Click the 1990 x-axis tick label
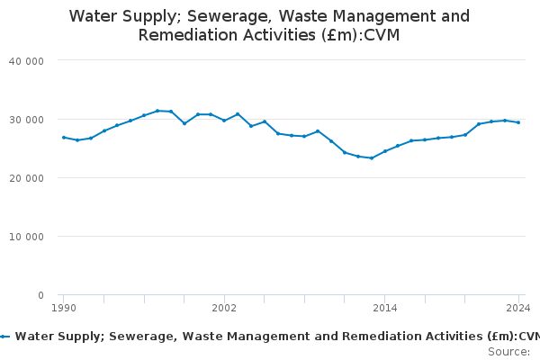tap(63, 308)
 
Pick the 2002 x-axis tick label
tap(224, 308)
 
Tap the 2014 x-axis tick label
tap(384, 308)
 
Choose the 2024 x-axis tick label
tap(518, 308)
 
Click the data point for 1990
tap(63, 138)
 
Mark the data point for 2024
tap(518, 122)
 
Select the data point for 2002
tap(224, 120)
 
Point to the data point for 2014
tap(384, 151)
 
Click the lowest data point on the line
tap(371, 157)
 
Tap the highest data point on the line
tap(157, 111)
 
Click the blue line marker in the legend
tap(5, 337)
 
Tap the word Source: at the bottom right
tap(508, 351)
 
